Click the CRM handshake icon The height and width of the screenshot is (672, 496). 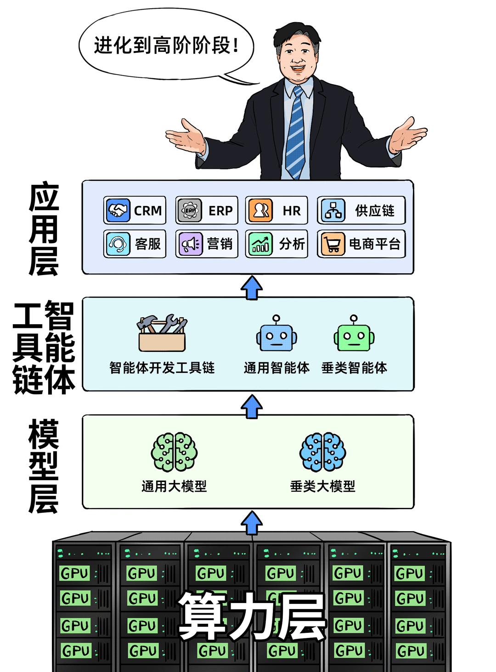[x=118, y=210]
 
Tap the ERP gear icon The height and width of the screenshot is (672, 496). [x=190, y=210]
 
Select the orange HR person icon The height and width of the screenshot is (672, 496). [x=260, y=210]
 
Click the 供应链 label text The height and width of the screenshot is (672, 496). [x=374, y=211]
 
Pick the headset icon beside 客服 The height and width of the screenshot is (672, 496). [x=118, y=244]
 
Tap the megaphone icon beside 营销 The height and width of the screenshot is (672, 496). [x=190, y=244]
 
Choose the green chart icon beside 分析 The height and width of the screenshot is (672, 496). [x=260, y=244]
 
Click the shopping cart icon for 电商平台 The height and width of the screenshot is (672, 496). [x=333, y=244]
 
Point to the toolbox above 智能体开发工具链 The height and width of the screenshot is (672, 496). [x=162, y=333]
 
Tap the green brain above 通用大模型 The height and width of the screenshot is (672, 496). [x=174, y=452]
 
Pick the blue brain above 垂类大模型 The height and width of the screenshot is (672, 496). [x=322, y=452]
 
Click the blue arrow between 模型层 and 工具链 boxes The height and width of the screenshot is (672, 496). [x=252, y=406]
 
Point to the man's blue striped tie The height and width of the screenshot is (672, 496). [x=296, y=133]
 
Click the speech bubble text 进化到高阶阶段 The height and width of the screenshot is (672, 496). [x=166, y=46]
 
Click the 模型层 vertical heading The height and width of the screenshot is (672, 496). [x=44, y=465]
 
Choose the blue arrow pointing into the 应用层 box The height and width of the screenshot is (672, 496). [x=252, y=288]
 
